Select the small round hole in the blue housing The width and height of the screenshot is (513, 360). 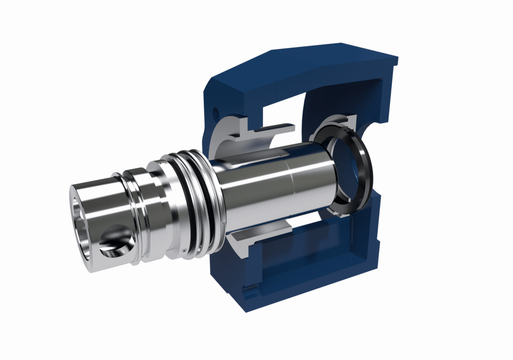[216, 109]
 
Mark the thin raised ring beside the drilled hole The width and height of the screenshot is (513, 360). [132, 216]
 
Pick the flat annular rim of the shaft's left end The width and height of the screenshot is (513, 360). [75, 201]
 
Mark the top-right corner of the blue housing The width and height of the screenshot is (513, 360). [396, 59]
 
